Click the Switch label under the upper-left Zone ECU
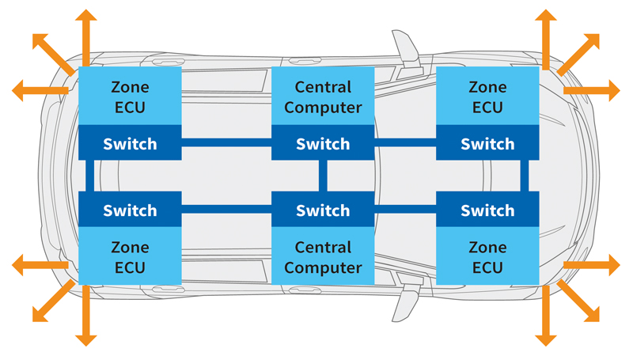131,145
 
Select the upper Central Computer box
322,97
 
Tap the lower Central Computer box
322,257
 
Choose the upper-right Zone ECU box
487,97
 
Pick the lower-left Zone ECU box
131,257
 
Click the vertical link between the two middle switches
322,177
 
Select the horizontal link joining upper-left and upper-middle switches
226,142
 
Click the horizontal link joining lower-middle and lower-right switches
404,210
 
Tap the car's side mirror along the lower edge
404,305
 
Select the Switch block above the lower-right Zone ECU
487,211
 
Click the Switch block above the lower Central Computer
322,211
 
